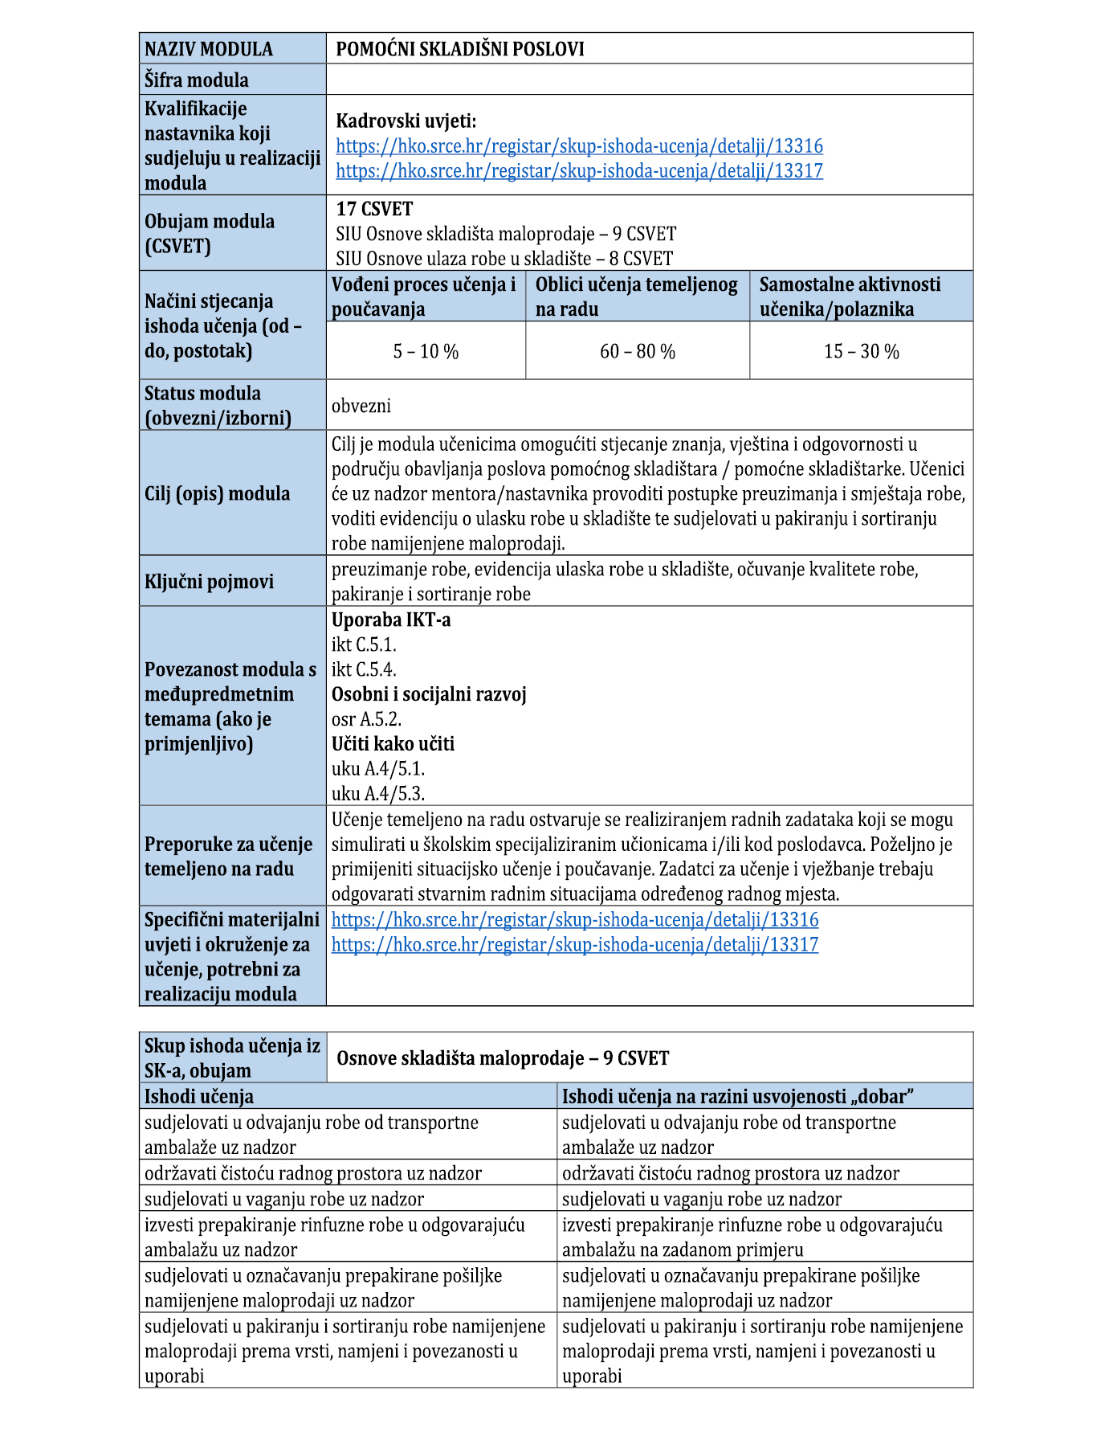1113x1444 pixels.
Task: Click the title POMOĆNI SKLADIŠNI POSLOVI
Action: coord(459,49)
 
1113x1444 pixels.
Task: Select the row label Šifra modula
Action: coord(197,80)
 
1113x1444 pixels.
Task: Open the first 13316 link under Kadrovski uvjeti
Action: coord(579,146)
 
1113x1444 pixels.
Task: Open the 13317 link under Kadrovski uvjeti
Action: coord(579,171)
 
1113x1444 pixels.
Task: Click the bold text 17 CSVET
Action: coord(374,209)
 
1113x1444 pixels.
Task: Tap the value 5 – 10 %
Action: coord(426,352)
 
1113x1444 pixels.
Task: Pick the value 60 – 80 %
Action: coord(638,352)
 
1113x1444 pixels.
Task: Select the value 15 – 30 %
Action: coord(861,352)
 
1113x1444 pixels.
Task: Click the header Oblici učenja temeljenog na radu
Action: coord(637,297)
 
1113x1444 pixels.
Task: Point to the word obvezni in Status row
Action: coord(361,406)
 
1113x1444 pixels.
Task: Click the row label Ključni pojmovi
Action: coord(209,582)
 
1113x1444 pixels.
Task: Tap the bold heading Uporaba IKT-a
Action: coord(391,620)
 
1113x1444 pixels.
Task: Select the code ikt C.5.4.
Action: coord(364,670)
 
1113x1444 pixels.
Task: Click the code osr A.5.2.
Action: coord(366,720)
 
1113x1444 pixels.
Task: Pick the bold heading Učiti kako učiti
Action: coord(393,744)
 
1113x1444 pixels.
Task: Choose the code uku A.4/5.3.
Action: coord(378,794)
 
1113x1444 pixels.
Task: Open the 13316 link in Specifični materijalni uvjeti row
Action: coord(575,920)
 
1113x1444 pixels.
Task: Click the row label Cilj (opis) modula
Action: coord(217,493)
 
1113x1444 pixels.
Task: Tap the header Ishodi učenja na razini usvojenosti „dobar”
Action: coord(738,1097)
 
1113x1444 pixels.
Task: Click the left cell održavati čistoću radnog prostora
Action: coord(313,1173)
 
